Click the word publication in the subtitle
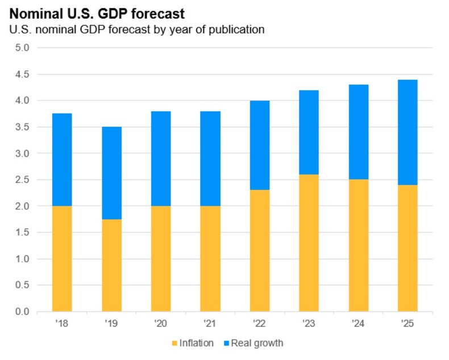click(235, 29)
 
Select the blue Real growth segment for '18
click(61, 160)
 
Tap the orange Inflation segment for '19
click(111, 265)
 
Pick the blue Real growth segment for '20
click(161, 158)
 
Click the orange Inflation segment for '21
click(210, 259)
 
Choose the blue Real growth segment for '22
click(260, 145)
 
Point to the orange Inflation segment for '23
click(309, 243)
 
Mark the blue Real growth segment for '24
click(359, 132)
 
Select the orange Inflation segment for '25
click(408, 248)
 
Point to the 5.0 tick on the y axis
click(22, 48)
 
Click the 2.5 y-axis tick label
click(22, 179)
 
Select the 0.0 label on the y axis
click(22, 312)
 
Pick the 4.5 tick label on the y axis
click(22, 74)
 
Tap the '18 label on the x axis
click(61, 323)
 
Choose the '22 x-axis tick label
click(260, 323)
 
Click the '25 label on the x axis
click(408, 323)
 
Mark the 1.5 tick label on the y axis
click(22, 232)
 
